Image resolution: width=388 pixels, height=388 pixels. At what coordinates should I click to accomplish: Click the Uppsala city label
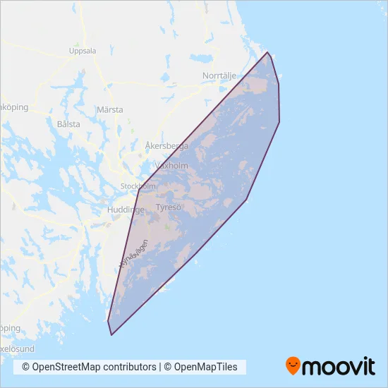click(x=83, y=51)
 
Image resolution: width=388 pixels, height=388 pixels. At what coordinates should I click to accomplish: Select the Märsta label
click(x=109, y=110)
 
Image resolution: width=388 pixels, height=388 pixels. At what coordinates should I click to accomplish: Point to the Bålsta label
click(x=67, y=123)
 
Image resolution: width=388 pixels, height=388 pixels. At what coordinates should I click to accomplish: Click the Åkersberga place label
click(x=166, y=146)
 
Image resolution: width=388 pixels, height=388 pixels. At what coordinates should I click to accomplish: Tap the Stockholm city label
click(x=138, y=186)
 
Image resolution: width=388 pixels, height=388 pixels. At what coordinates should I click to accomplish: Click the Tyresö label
click(x=169, y=207)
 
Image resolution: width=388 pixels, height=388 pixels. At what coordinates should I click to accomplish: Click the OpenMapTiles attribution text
click(x=203, y=367)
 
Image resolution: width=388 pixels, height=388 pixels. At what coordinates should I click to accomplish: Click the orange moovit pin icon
click(x=293, y=365)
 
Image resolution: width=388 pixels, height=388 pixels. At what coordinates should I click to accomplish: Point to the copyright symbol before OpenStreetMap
click(x=26, y=367)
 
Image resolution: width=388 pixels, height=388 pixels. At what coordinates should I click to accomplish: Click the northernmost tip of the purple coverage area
click(x=267, y=52)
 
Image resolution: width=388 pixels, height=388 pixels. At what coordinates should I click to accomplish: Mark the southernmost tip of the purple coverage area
click(x=111, y=335)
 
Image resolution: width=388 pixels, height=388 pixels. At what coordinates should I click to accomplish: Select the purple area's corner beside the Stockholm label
click(x=140, y=189)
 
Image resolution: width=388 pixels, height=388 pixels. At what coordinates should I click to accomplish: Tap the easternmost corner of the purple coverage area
click(x=280, y=122)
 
